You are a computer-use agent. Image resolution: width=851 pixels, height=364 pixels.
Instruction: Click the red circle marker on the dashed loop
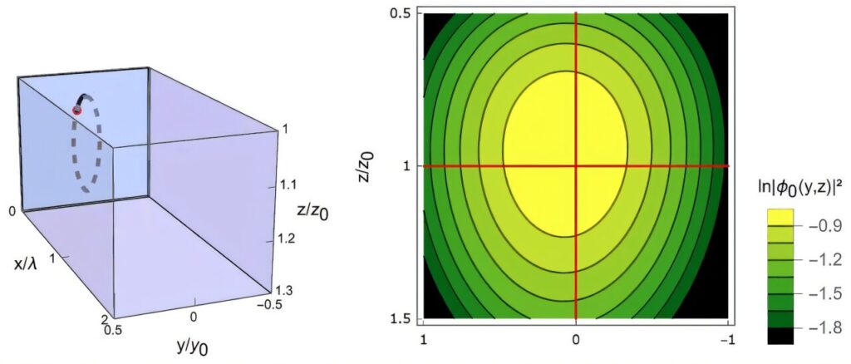coord(78,109)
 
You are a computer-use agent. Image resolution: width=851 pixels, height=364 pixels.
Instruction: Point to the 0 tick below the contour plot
coord(576,341)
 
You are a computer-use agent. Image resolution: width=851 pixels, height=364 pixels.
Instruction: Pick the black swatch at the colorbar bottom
coord(780,336)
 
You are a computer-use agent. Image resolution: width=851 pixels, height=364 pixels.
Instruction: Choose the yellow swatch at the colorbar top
coord(780,218)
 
